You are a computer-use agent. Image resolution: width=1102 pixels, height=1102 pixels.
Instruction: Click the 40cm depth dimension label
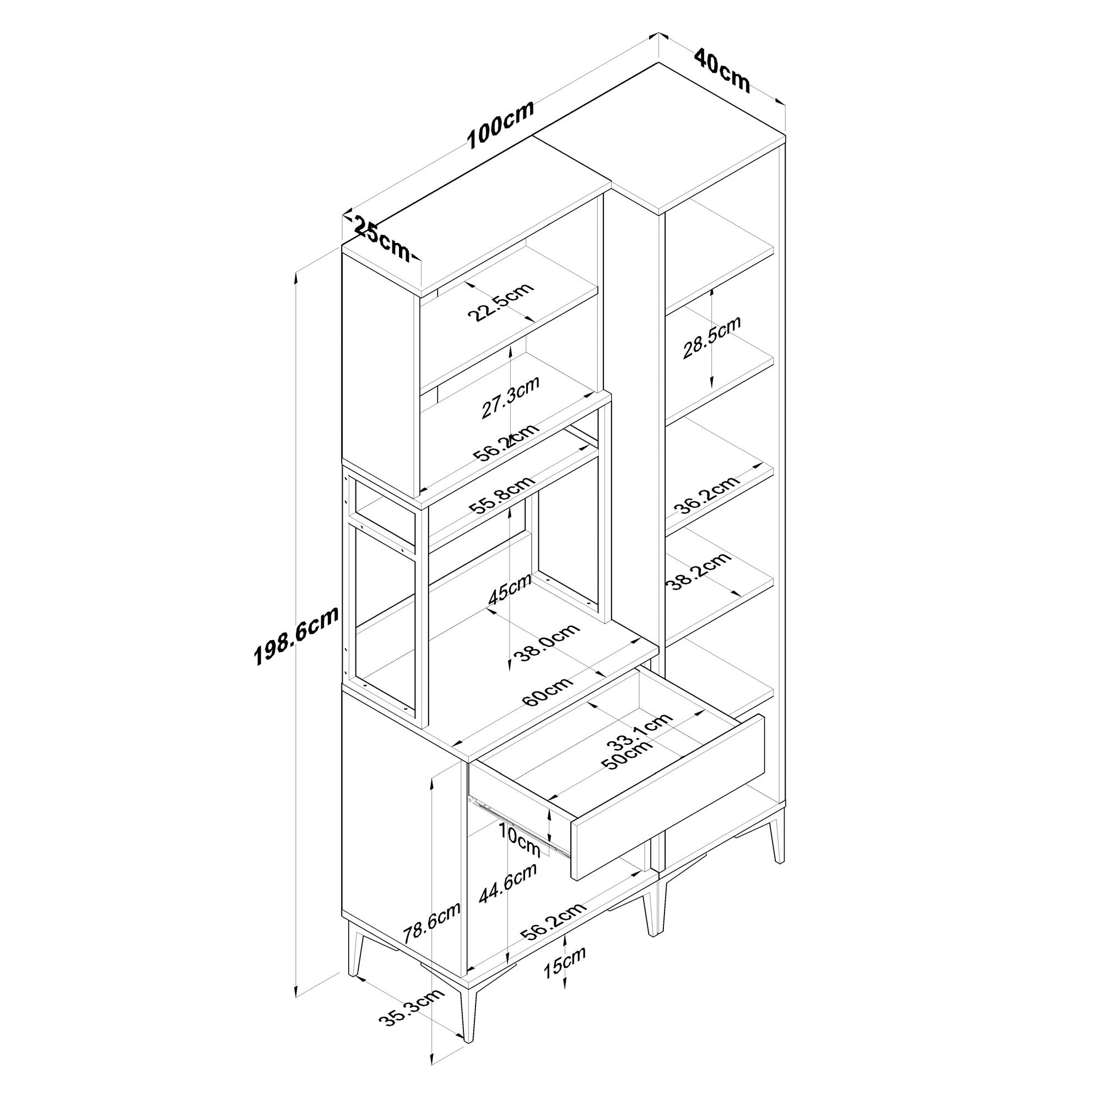[x=722, y=71]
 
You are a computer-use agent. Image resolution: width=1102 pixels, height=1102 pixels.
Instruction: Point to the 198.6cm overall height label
[x=296, y=636]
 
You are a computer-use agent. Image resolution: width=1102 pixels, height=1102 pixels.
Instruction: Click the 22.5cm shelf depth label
[x=500, y=302]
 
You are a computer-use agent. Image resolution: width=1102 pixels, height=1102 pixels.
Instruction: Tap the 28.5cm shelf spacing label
[x=711, y=337]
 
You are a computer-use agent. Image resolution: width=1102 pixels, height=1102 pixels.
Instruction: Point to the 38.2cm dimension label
[x=699, y=571]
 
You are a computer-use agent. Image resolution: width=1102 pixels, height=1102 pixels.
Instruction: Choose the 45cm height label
[x=510, y=588]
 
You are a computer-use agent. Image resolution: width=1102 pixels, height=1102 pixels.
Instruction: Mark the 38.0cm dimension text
[x=547, y=642]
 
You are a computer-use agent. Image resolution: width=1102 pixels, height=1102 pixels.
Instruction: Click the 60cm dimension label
[x=548, y=692]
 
